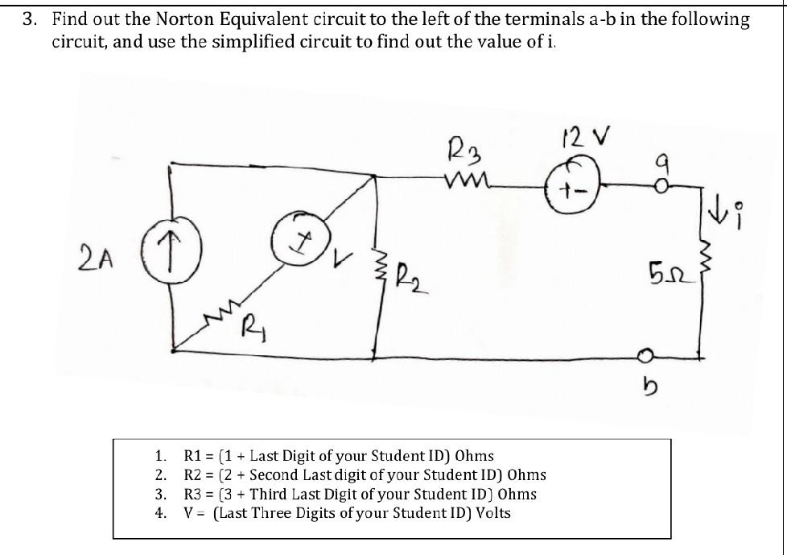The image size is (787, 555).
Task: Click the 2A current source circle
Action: click(169, 242)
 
